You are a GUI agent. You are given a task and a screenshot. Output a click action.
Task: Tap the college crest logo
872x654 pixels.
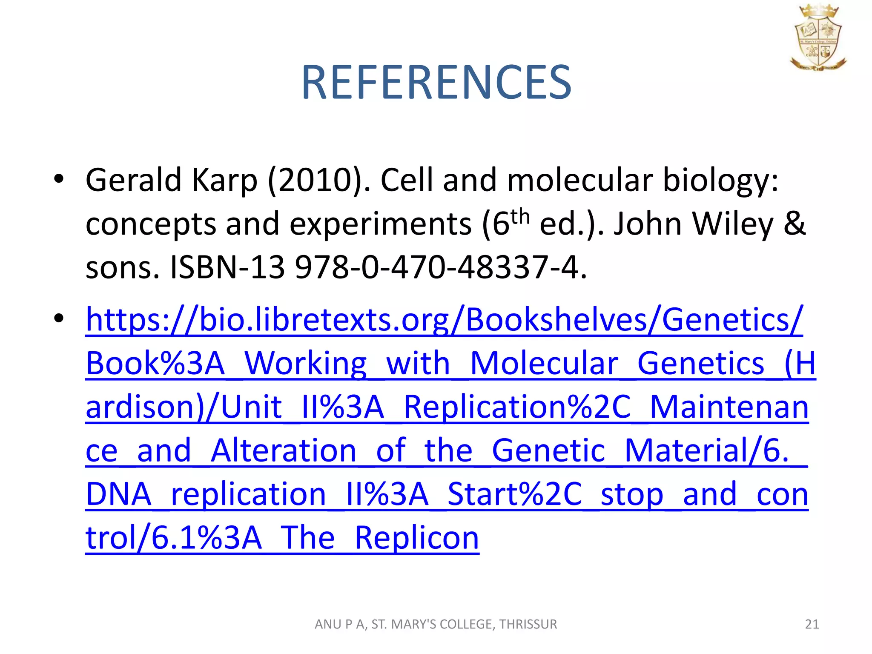[817, 37]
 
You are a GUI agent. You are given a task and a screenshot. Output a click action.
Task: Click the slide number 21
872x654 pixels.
[812, 624]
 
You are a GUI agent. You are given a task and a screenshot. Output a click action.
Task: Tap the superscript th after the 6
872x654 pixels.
[520, 217]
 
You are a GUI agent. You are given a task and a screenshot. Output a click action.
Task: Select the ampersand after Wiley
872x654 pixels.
[795, 224]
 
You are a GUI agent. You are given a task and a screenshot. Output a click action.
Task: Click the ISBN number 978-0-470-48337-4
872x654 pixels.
[441, 268]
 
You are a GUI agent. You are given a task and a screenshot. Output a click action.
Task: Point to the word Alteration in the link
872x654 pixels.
[283, 450]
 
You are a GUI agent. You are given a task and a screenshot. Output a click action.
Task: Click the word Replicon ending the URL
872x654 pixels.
[417, 538]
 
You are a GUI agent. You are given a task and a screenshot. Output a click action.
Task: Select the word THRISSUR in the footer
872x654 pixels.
[528, 624]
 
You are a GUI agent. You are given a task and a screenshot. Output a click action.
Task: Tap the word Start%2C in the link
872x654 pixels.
[515, 494]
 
